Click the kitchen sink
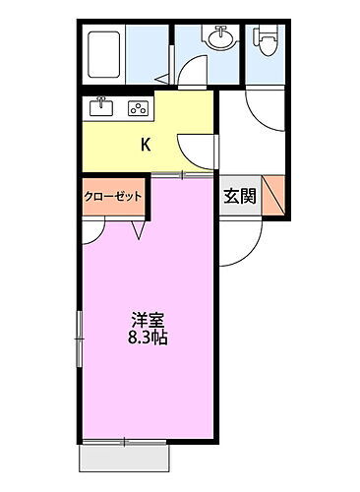(101, 108)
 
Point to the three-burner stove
(138, 108)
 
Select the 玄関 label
(239, 195)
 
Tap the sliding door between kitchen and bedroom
(182, 175)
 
